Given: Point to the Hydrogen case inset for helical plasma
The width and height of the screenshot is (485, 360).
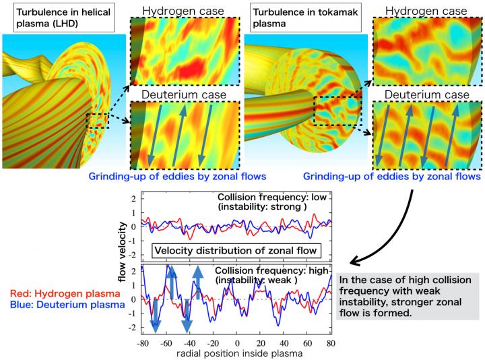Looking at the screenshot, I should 184,53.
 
